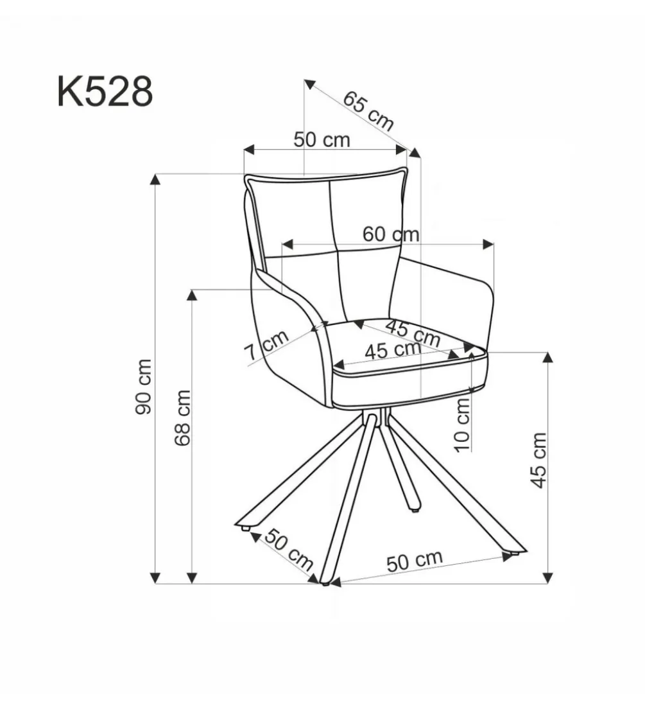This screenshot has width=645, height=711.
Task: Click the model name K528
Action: tap(105, 92)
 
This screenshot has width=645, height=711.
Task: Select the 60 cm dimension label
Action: tap(390, 234)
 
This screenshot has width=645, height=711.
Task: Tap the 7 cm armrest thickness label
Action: tap(266, 345)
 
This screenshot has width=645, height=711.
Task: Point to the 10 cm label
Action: tap(463, 425)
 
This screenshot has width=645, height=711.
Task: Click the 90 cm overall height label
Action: tap(144, 387)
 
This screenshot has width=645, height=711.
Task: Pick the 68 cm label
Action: tap(182, 418)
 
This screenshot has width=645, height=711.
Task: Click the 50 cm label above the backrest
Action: tap(322, 139)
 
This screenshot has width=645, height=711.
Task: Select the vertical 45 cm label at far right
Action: tap(538, 461)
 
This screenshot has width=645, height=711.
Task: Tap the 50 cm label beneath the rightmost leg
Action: tap(415, 561)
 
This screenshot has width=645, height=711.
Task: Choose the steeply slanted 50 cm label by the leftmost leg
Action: tap(289, 550)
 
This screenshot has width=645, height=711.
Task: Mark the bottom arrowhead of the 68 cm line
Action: tap(193, 577)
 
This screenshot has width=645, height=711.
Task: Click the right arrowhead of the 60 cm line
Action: tap(488, 245)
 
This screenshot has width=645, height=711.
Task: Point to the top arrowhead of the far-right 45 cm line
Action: tap(548, 356)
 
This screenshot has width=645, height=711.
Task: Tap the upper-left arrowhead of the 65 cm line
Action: tap(309, 84)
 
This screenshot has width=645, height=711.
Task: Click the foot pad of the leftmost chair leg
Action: tap(245, 528)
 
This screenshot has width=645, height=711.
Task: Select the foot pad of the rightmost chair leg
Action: tap(515, 554)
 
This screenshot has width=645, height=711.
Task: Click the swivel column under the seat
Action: tap(384, 416)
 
